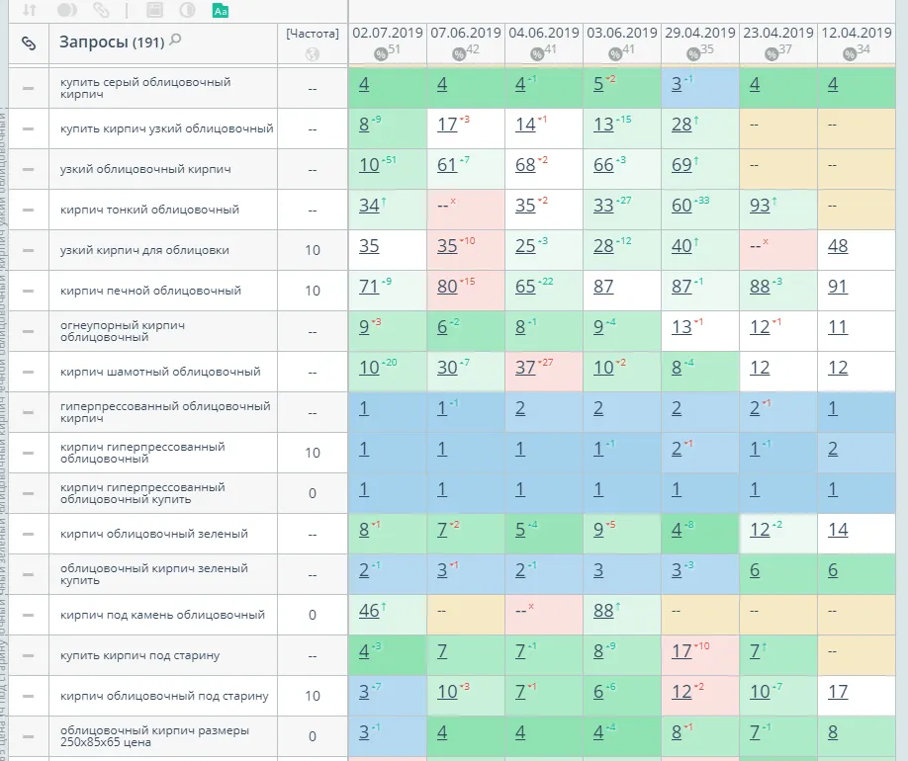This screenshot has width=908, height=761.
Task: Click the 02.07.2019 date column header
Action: (x=387, y=33)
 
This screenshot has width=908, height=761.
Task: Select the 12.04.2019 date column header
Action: (x=857, y=33)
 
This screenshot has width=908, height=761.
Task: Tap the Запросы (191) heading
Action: (x=111, y=42)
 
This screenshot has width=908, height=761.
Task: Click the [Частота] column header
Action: (x=313, y=33)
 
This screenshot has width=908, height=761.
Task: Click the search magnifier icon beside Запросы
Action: (x=176, y=41)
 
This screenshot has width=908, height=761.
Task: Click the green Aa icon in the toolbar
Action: (x=221, y=11)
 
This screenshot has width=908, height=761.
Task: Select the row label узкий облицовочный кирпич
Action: (x=145, y=169)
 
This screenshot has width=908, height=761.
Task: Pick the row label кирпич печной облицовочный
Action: (x=150, y=291)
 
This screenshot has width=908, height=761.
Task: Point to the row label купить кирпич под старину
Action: (x=139, y=655)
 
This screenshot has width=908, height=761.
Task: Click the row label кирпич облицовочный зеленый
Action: (x=153, y=534)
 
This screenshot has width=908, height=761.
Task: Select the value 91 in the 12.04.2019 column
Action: (x=838, y=287)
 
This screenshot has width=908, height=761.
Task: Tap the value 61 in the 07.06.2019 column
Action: (x=447, y=165)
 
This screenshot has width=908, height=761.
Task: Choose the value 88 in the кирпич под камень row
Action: (x=603, y=611)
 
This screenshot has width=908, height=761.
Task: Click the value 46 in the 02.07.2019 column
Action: (x=369, y=611)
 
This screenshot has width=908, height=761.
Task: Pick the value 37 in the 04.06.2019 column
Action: (x=525, y=368)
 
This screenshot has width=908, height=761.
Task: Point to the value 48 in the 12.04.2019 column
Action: (x=838, y=246)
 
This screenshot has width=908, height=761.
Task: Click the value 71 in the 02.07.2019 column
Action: (x=369, y=287)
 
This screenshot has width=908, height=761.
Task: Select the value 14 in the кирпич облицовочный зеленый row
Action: (x=838, y=530)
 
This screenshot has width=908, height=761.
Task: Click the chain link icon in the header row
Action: (x=28, y=42)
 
